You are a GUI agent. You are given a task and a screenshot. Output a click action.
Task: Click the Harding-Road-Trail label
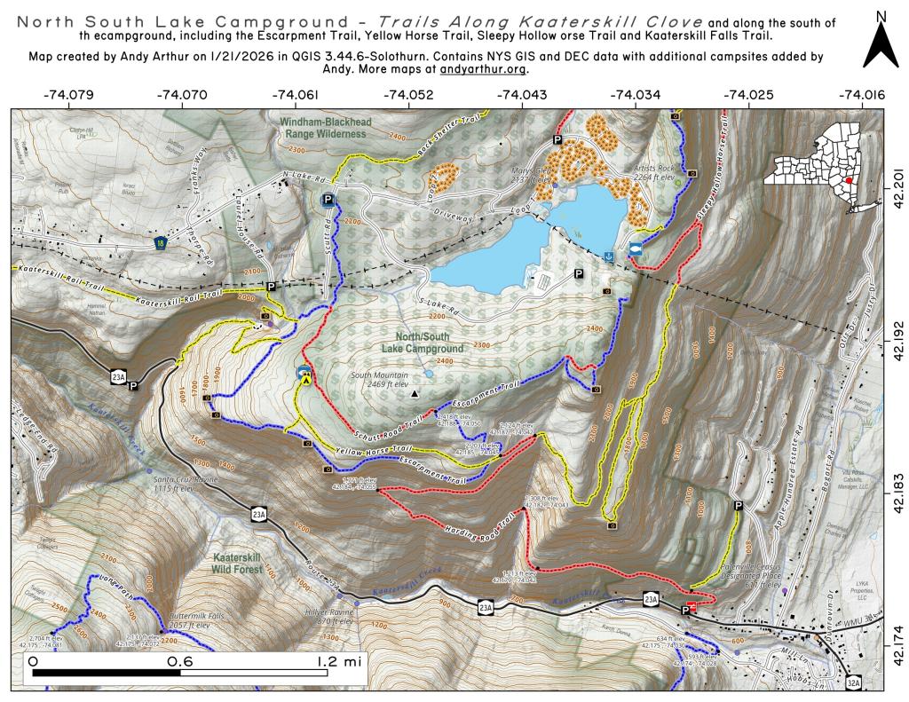pos(468,525)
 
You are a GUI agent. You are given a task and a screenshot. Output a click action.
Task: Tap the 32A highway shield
pos(853,682)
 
